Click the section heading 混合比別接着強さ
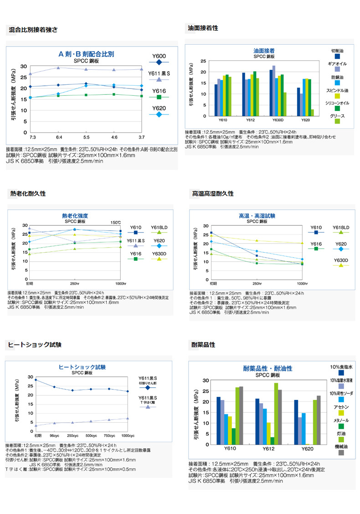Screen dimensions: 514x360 [33, 31]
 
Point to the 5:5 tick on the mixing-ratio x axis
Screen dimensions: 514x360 [86, 137]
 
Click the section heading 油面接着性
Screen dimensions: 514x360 [203, 28]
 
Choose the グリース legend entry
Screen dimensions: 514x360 [337, 116]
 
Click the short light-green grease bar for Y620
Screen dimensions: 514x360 [312, 113]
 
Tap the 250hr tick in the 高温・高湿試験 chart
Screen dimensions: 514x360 [257, 283]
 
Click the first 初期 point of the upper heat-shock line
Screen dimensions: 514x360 [36, 379]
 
